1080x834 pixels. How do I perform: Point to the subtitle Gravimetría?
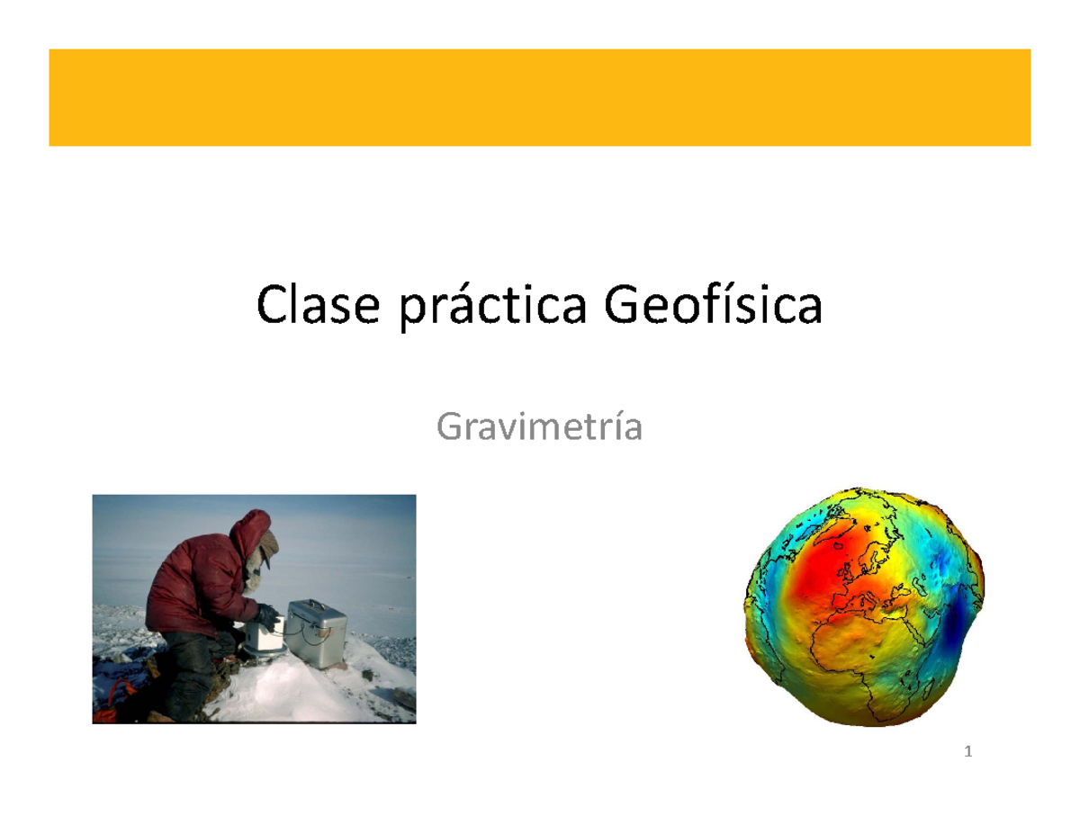pos(539,428)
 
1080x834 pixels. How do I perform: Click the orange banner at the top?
pos(539,97)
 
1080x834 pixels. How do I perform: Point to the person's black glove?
pos(266,616)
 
